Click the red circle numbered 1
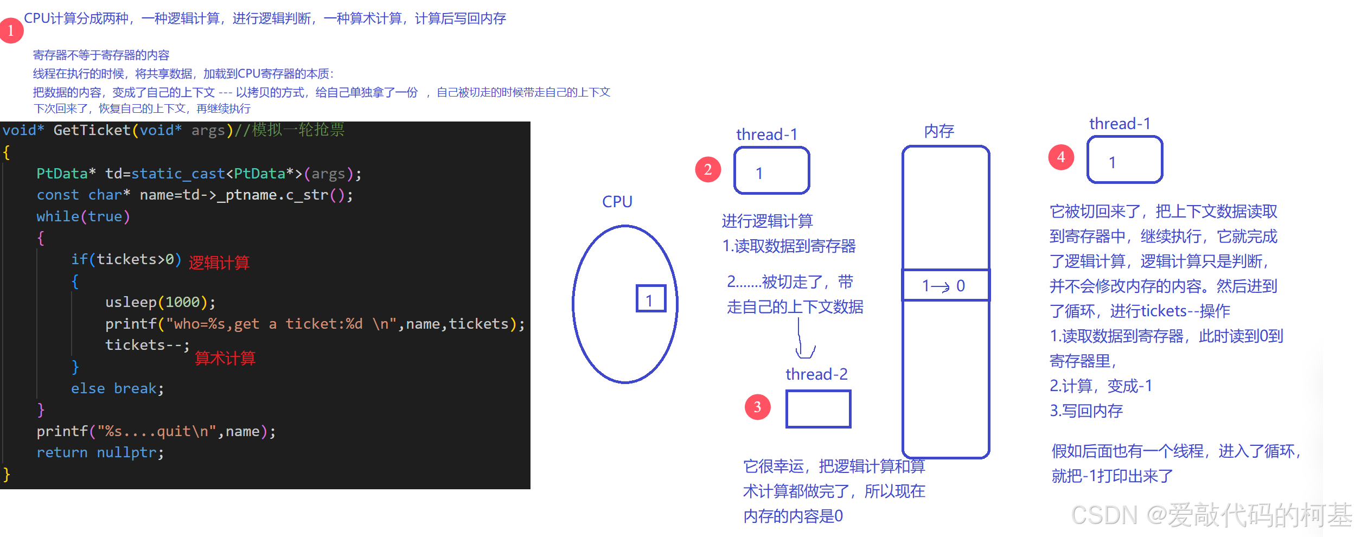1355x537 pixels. tap(11, 30)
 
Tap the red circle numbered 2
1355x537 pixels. tap(708, 170)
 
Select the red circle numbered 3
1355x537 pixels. tap(758, 407)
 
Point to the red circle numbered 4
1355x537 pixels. tap(1061, 157)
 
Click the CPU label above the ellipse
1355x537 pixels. tap(617, 202)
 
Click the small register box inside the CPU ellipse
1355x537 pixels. tap(650, 299)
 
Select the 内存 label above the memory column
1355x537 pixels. tap(939, 131)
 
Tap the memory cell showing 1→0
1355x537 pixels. tap(945, 285)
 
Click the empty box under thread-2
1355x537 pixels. tap(818, 409)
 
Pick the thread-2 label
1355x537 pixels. tap(816, 374)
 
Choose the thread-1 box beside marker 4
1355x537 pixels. tap(1125, 160)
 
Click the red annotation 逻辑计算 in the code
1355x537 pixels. tap(219, 263)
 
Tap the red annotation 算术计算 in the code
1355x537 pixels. tap(225, 359)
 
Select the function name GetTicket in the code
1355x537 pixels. tap(92, 130)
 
